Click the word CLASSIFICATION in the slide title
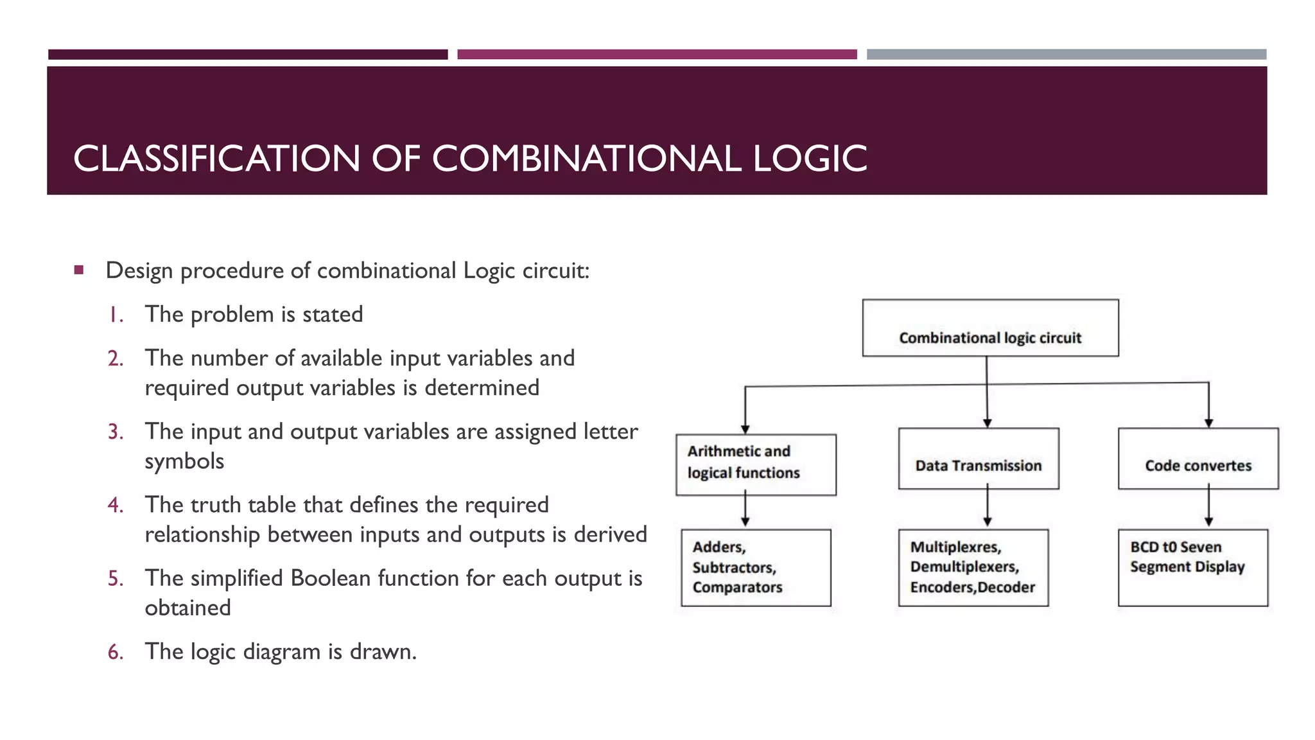(216, 159)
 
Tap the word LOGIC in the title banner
(810, 159)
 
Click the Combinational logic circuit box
(990, 328)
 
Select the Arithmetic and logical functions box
(756, 464)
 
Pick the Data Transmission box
(979, 459)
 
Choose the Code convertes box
(1198, 459)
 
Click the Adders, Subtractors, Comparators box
(756, 567)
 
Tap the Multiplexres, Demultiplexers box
(973, 567)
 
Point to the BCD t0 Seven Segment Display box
(1193, 567)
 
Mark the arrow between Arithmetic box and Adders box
(745, 511)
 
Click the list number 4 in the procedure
(116, 506)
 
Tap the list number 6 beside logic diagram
(116, 652)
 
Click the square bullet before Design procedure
(79, 270)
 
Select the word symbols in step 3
(184, 461)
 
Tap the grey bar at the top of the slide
(1066, 55)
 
